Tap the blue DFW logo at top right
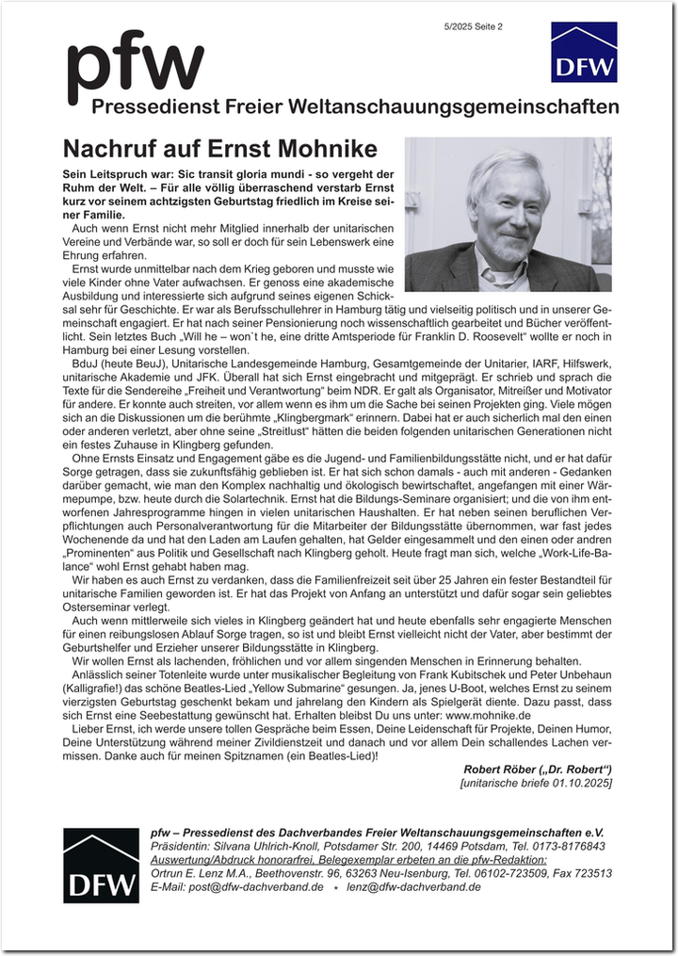pos(584,52)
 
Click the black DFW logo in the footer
pos(101,866)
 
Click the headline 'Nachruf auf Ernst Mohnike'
pos(219,149)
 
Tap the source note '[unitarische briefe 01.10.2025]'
pos(536,783)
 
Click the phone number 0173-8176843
pos(566,847)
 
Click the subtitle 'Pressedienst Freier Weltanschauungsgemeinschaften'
pos(355,106)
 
